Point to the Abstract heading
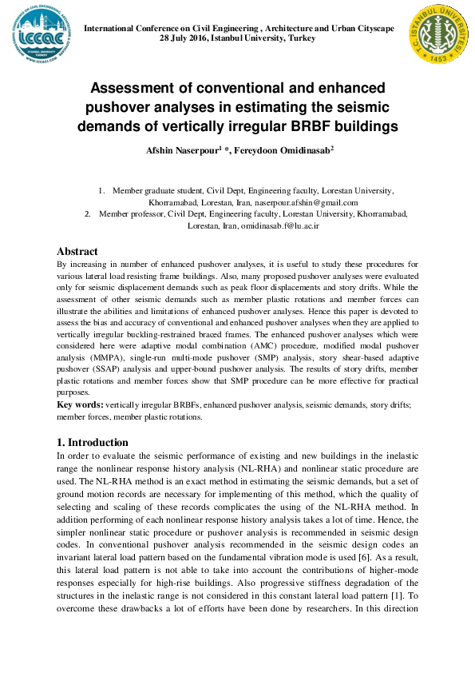77,251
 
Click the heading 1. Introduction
93,442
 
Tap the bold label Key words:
81,406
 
